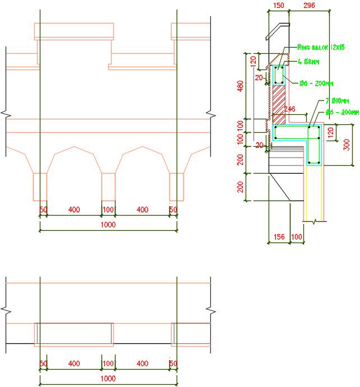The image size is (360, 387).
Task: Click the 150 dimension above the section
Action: [x=279, y=6]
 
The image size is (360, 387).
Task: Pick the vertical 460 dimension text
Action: [x=240, y=87]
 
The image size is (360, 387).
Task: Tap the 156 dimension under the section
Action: [x=278, y=237]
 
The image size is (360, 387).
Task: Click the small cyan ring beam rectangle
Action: [x=279, y=75]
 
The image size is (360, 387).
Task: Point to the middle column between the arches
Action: [x=108, y=186]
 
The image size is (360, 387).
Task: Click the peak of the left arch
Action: [x=74, y=147]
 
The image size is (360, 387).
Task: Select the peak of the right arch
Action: [x=142, y=147]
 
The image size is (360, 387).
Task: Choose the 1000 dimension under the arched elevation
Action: [x=108, y=225]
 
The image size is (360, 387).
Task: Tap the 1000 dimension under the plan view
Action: [x=108, y=379]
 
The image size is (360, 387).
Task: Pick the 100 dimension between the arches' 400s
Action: [x=108, y=209]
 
